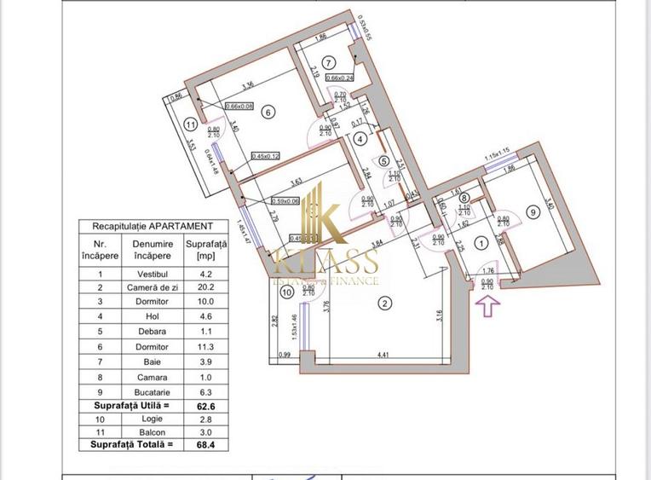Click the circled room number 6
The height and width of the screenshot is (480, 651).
pos(268,112)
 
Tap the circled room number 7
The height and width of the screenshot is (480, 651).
pos(328,61)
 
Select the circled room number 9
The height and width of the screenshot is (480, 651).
pos(533,212)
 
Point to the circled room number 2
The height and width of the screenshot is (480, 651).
pos(385,304)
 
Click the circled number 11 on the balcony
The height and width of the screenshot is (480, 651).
pos(189,124)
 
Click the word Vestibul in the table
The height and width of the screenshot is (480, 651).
pos(153,274)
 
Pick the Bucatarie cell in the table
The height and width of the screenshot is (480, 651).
pos(153,392)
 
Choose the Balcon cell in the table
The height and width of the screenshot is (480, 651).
pos(153,430)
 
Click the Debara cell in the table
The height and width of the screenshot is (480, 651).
pos(153,333)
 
